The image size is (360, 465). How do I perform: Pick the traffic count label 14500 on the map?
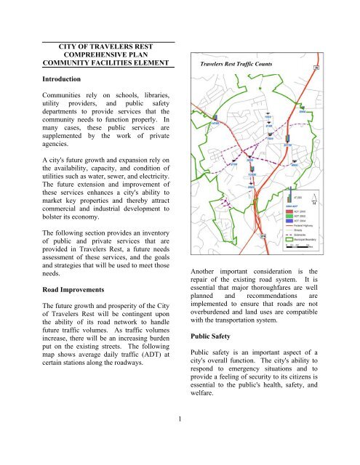pos(214,124)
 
